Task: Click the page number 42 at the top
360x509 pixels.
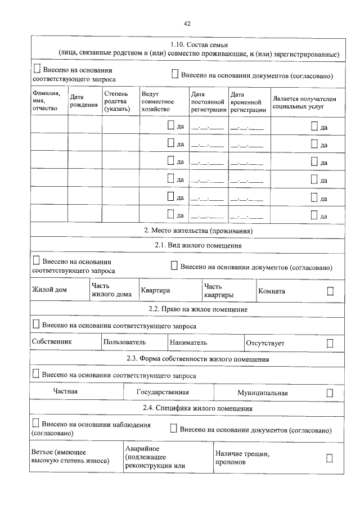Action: [187, 24]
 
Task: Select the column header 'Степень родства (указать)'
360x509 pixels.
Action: [116, 101]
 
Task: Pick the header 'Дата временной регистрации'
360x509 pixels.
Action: [249, 102]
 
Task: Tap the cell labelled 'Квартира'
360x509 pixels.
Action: [155, 291]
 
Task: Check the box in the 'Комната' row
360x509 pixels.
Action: [330, 291]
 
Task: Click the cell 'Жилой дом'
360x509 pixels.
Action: [49, 291]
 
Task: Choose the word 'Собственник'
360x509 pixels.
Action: [52, 342]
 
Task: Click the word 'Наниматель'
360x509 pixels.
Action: [188, 342]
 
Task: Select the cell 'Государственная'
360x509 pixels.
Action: [163, 392]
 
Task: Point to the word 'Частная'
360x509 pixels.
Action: [65, 391]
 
